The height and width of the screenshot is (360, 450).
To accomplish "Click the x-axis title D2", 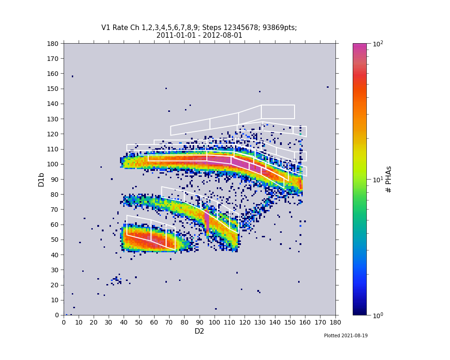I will tap(199, 331).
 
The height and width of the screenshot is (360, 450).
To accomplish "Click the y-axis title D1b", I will tap(41, 180).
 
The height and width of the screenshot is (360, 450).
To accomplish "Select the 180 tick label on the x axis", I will tap(335, 322).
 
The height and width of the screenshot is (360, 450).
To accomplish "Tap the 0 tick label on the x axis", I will tap(64, 322).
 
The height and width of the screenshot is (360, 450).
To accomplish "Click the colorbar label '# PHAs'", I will tap(389, 179).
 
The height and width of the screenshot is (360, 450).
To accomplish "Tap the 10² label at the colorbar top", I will tap(378, 44).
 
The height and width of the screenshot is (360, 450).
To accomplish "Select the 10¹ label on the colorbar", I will tap(378, 179).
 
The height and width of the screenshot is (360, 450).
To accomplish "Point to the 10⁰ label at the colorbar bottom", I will tap(378, 315).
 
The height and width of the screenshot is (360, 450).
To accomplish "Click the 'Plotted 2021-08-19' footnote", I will tap(345, 336).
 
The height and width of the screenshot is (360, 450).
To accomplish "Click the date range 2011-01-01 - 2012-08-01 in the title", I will tap(199, 35).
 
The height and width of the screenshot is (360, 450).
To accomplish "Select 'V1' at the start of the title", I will tap(105, 28).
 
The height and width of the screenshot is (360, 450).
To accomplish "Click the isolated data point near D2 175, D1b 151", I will tap(328, 87).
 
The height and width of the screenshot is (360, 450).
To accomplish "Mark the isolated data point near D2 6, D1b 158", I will tap(72, 76).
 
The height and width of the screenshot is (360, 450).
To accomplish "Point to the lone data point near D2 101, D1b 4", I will tap(216, 309).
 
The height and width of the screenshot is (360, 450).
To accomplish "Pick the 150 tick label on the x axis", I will tap(290, 322).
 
